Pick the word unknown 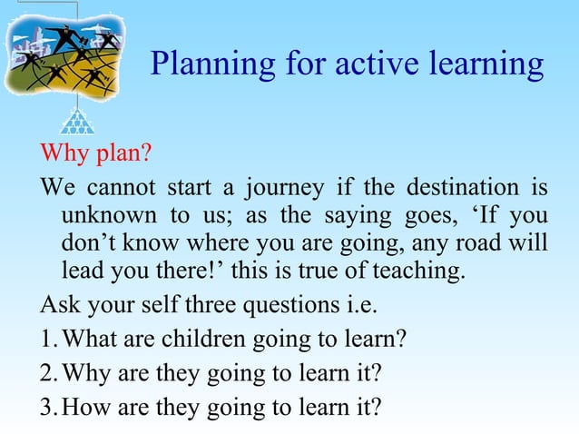point(103,218)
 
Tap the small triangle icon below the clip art point(77,121)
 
